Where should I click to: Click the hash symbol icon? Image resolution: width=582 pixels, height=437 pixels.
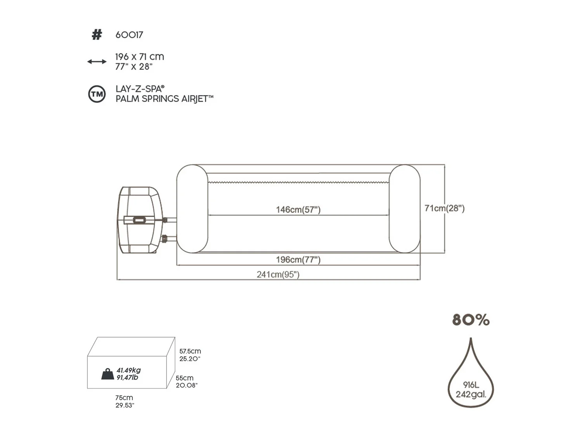(x=97, y=35)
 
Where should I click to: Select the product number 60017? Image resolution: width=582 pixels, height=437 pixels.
(x=129, y=35)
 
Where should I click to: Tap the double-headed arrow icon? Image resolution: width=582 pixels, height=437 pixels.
(x=97, y=61)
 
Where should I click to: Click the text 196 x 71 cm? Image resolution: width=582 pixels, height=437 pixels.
(x=139, y=56)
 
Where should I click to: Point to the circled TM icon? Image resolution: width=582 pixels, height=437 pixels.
(x=97, y=94)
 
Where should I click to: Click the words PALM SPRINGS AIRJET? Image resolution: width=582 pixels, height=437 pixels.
(x=165, y=99)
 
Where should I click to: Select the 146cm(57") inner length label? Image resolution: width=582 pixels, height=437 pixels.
(x=298, y=210)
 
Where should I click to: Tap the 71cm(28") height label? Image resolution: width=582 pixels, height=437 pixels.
(x=444, y=208)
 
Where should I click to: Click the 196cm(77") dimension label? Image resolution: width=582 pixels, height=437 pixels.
(x=298, y=259)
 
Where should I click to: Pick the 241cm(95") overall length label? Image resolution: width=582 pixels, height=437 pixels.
(x=278, y=274)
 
